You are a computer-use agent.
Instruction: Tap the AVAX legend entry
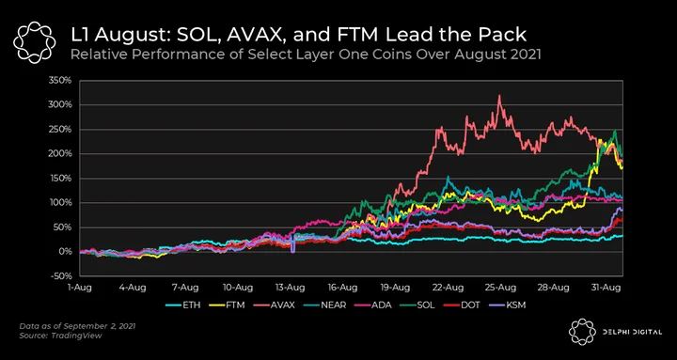tap(276, 305)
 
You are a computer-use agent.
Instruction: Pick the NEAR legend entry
tap(326, 305)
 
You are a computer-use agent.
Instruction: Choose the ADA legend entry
tap(373, 305)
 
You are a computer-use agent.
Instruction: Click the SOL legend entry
tap(417, 305)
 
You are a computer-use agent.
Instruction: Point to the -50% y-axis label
tap(61, 275)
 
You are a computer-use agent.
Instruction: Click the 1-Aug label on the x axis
tap(80, 287)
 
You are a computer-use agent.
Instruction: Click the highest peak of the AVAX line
tap(499, 96)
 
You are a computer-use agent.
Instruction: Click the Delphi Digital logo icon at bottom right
tap(582, 332)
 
